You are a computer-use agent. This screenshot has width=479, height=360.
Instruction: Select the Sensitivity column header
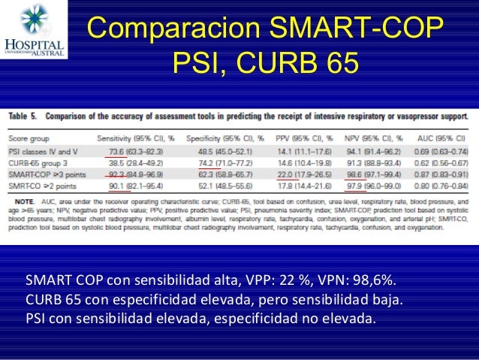(136, 139)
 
